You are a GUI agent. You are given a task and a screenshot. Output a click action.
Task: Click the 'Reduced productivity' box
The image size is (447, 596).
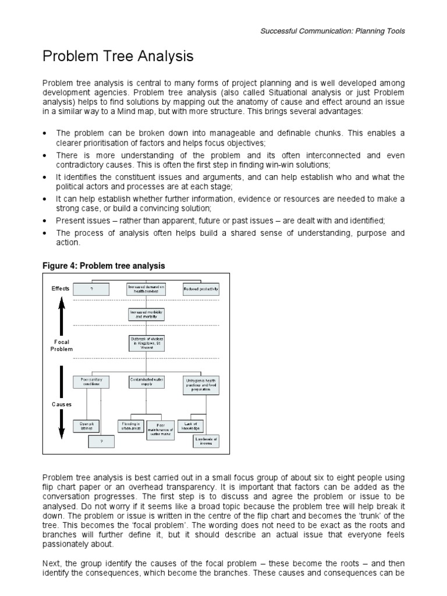coord(201,288)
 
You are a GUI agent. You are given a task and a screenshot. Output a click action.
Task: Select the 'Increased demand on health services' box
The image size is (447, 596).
coord(146,288)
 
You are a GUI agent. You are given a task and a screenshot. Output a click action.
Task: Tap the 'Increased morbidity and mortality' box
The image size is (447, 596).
coord(146,314)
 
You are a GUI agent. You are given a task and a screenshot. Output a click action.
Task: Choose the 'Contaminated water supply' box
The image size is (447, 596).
coord(146,382)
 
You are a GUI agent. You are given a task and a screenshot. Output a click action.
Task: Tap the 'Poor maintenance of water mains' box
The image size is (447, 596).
coord(161,430)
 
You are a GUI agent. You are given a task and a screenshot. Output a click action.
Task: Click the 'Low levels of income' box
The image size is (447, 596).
coord(206,441)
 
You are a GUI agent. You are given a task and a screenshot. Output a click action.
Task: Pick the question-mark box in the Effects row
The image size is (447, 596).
coord(91,289)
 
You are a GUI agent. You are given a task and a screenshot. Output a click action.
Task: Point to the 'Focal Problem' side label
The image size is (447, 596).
coord(62,345)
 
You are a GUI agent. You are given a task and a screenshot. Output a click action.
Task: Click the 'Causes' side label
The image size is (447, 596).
coord(62,403)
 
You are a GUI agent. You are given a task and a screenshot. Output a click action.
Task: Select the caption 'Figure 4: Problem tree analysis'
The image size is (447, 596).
coord(104,265)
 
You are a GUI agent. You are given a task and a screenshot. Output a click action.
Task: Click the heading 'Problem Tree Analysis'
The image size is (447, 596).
coord(118,57)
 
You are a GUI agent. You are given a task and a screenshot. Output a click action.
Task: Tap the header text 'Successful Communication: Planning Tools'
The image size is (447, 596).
coord(332,31)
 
